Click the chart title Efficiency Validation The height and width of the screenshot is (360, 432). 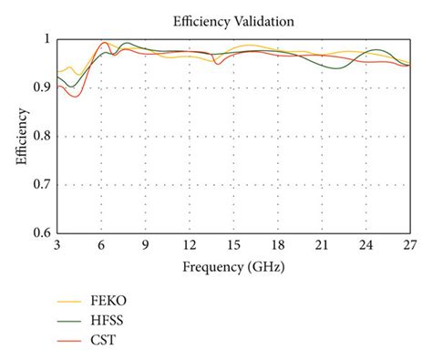233,19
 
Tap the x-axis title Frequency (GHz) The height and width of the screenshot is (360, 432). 233,269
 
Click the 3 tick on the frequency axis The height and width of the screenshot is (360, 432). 57,246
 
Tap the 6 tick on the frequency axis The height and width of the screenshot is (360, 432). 101,246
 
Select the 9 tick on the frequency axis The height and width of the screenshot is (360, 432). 145,246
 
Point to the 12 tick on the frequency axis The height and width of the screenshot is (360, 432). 190,246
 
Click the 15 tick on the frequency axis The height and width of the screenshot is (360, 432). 233,246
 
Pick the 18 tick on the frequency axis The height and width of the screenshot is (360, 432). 278,246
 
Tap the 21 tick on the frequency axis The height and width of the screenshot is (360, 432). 322,246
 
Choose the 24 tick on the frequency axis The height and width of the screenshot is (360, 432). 365,246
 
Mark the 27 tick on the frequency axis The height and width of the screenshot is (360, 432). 409,246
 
